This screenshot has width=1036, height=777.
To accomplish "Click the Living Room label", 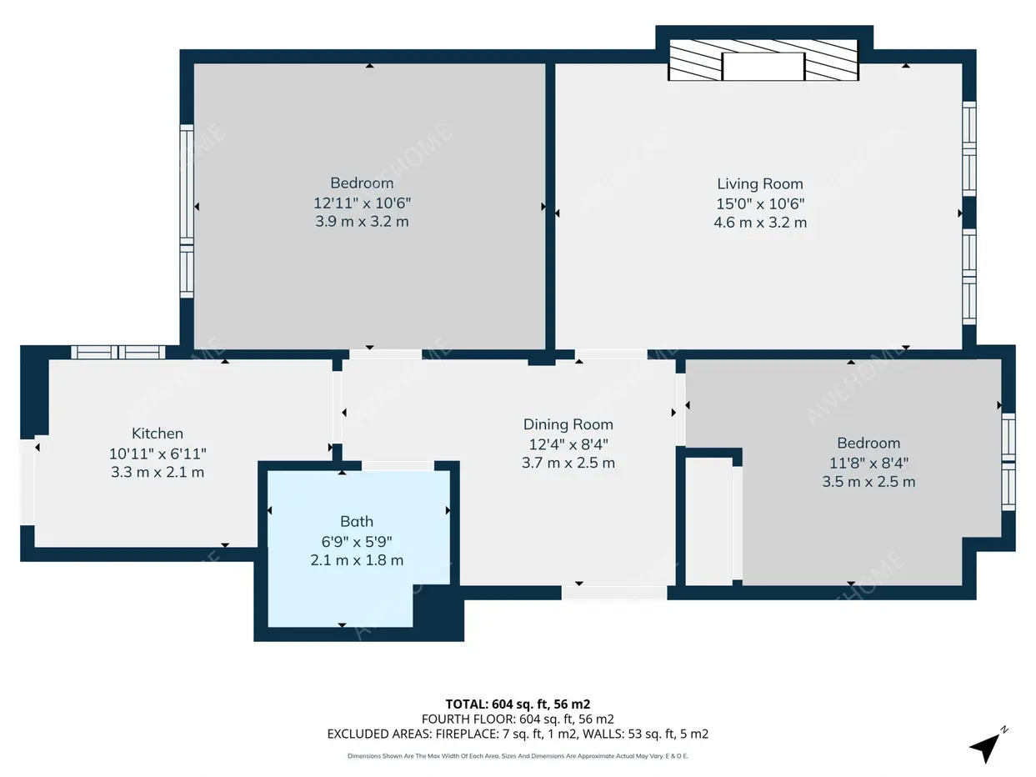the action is (x=760, y=183).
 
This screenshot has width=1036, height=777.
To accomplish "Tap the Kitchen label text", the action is (x=158, y=434).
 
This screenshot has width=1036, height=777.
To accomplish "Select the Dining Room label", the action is (x=568, y=424).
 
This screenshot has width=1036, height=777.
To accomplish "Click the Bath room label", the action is (x=357, y=522).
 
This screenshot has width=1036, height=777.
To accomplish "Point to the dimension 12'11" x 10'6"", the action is (x=363, y=203).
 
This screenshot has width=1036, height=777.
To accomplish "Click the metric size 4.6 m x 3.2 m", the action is (x=760, y=223).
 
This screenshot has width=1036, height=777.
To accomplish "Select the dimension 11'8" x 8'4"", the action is (x=869, y=463).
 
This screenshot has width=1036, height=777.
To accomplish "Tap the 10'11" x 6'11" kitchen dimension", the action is (x=158, y=454).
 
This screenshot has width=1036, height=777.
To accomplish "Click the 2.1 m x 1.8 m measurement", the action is (x=357, y=560).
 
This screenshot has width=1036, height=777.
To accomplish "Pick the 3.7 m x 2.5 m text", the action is (x=568, y=463).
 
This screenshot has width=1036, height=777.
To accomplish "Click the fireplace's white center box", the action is (x=763, y=66).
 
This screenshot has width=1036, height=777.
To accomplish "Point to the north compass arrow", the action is (x=987, y=746).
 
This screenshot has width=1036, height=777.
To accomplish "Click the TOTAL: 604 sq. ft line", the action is (x=518, y=704).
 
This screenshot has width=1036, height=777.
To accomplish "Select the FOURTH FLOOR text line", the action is (x=518, y=719).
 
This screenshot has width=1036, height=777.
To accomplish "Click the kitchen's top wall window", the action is (x=118, y=352).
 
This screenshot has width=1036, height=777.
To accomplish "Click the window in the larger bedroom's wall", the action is (x=187, y=212).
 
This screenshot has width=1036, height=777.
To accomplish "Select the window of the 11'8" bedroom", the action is (x=1008, y=462).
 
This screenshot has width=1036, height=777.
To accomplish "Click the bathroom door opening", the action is (x=398, y=466).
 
